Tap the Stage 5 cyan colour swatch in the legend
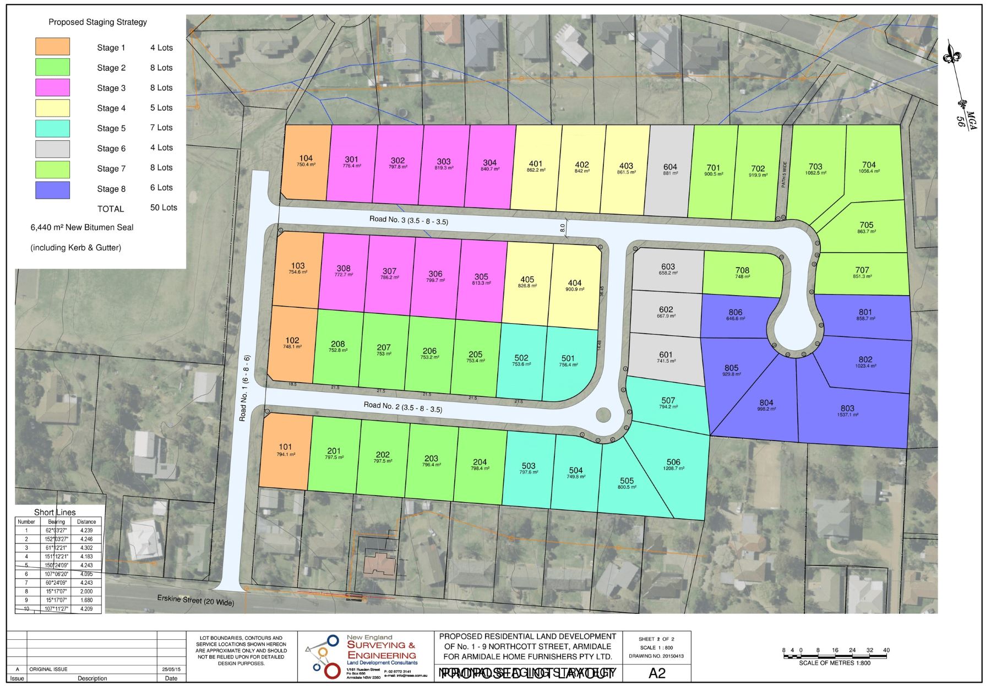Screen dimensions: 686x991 coord(53,128)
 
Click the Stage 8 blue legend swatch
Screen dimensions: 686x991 coord(53,189)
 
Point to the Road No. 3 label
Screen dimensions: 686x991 coord(409,220)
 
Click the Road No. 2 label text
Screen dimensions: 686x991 coord(402,407)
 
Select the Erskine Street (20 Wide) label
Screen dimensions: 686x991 coord(195,600)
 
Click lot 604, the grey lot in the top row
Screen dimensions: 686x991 coord(670,170)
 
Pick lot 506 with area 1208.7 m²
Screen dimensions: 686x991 coord(673,464)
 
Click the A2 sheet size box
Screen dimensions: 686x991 coord(657,673)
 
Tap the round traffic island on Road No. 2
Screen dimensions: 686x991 coord(603,414)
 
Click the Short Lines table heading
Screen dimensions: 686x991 coord(55,512)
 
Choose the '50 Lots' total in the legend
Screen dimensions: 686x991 coord(164,208)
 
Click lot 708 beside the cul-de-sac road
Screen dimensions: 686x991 coord(742,273)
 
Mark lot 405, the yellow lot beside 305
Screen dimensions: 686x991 coord(527,282)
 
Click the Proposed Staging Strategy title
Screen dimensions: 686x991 coord(97,22)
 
